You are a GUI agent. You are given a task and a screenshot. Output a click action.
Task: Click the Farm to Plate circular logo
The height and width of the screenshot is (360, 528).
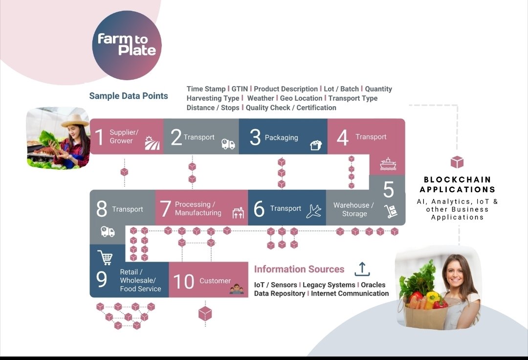[127, 45]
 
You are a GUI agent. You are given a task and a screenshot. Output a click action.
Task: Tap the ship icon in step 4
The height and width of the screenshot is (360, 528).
[388, 164]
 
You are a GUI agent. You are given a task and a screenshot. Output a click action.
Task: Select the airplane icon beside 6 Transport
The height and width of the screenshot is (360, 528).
[313, 211]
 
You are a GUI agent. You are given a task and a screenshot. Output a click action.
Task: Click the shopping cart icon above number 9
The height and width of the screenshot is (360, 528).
[105, 257]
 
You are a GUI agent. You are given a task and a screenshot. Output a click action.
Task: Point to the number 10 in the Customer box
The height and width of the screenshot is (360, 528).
[183, 282]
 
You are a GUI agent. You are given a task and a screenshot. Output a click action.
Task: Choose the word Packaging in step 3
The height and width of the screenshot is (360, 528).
[281, 138]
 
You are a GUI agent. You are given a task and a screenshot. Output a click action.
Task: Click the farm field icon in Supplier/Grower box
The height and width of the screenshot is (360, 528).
[152, 143]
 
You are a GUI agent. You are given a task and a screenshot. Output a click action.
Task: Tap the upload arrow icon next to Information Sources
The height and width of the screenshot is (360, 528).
[362, 269]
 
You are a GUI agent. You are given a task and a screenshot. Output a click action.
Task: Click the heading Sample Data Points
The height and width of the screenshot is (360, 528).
[129, 96]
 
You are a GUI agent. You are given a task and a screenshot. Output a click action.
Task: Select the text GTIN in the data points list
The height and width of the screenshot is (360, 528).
[240, 89]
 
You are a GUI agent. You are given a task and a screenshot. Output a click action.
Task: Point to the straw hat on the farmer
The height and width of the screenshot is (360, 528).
[75, 120]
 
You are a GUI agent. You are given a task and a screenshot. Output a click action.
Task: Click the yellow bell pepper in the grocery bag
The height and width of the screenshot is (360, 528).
[432, 297]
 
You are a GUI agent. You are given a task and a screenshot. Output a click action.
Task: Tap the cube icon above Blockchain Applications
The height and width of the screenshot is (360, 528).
[457, 162]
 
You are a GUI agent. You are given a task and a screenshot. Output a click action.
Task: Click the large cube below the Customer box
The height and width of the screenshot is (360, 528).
[205, 314]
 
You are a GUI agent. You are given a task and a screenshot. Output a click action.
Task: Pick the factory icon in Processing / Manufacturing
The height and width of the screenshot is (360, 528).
[238, 213]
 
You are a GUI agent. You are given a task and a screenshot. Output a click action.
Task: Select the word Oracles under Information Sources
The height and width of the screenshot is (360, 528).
[373, 285]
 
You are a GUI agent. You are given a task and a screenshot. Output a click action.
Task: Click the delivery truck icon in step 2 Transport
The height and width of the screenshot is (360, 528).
[228, 144]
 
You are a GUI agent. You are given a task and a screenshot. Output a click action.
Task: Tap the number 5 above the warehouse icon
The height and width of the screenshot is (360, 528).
[388, 190]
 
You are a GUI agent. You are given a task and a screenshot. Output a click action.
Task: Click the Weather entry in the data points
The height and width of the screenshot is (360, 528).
[260, 98]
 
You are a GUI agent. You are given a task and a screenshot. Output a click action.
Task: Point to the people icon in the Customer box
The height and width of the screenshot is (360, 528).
[237, 289]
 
